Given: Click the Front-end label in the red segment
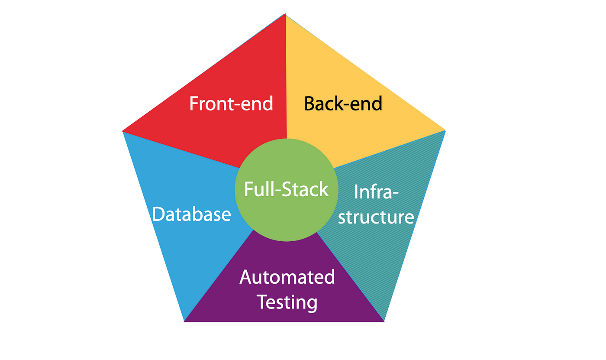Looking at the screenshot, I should (x=231, y=104).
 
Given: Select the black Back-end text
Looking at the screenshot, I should (x=343, y=104).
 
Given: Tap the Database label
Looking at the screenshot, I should (x=191, y=214).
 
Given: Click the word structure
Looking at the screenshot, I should (x=376, y=217).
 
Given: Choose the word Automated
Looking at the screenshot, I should (x=287, y=277).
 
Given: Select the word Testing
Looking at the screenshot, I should (x=287, y=302).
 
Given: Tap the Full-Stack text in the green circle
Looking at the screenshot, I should (x=286, y=190).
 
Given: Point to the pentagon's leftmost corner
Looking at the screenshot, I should (x=123, y=131).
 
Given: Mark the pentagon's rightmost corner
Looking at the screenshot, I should (x=445, y=130).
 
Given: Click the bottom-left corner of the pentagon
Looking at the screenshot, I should (x=184, y=321).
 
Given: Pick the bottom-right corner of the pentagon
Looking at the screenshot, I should (x=384, y=321).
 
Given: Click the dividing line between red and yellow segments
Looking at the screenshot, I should (x=286, y=78).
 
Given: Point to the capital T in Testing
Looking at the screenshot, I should (x=262, y=302).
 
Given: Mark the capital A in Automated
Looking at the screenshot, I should (x=247, y=277).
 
